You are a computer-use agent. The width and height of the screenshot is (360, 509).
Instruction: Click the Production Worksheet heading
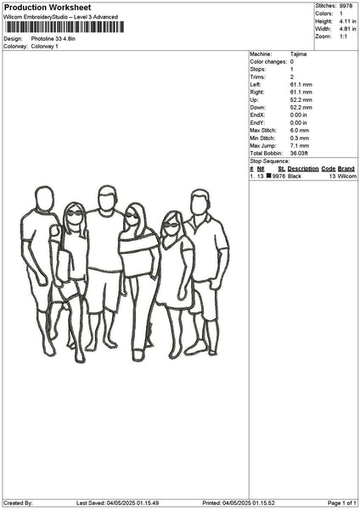pos(48,7)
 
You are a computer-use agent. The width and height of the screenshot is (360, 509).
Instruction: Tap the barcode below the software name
pos(65,27)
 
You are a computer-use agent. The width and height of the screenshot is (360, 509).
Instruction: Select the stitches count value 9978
pos(346,6)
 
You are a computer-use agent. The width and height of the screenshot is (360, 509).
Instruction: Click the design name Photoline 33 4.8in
pos(53,39)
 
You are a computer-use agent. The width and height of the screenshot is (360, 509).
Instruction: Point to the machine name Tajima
pos(298,54)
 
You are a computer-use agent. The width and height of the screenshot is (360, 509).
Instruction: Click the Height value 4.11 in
pos(347,21)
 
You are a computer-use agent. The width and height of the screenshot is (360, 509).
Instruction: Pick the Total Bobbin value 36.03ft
pos(299,154)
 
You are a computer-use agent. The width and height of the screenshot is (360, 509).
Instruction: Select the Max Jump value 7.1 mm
pos(300,146)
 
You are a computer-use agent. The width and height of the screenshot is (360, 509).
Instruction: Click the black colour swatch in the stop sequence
pos(268,176)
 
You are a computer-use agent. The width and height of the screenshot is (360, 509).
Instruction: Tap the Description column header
pos(303,169)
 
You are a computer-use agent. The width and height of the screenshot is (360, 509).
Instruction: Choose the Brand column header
pos(346,169)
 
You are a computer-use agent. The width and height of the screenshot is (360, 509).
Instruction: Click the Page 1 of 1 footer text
pos(342,503)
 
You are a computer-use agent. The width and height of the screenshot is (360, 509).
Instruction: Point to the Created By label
pos(18,503)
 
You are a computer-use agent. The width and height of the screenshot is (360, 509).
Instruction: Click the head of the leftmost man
pos(44,199)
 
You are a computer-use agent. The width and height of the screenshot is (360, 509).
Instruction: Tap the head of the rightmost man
pos(200,202)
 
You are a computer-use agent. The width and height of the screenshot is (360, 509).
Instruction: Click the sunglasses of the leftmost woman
pos(75,213)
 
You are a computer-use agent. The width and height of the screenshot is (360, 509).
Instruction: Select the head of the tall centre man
pos(108,198)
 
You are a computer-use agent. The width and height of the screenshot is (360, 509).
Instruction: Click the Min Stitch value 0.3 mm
pos(300,138)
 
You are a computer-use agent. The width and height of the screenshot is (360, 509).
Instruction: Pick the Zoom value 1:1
pos(343,36)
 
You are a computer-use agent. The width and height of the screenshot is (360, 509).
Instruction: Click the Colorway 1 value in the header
pos(44,47)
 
